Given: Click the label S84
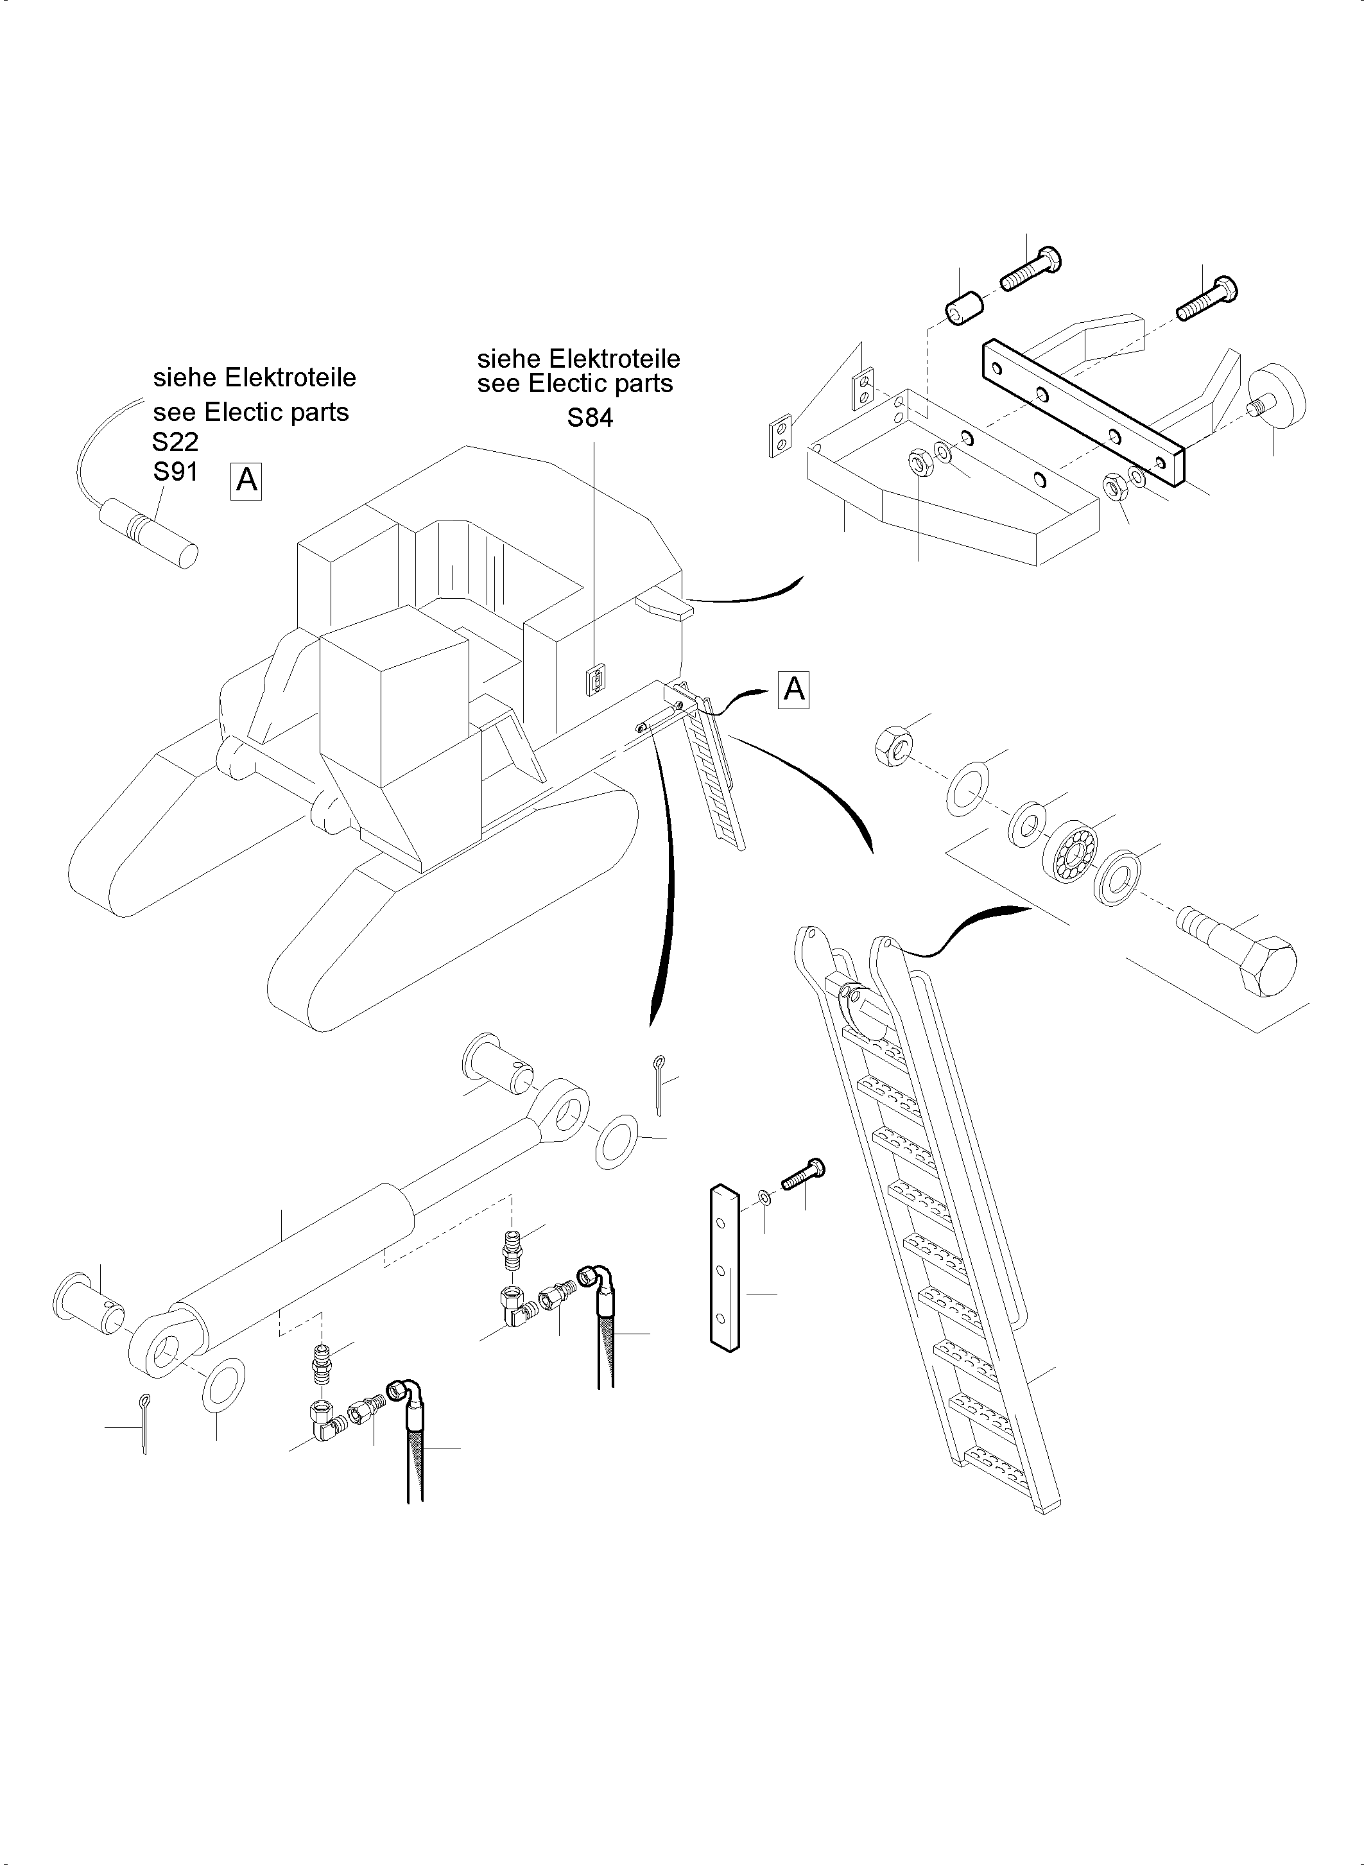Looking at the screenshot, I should coord(589,418).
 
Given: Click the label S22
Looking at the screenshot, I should coord(175,443).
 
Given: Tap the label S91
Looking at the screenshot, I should coord(175,472).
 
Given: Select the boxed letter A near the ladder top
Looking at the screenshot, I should coord(793,689).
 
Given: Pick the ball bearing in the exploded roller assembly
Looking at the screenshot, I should coord(1072,850).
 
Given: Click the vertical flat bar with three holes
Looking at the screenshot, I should coord(724,1268).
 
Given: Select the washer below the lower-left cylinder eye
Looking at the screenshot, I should coord(222,1384).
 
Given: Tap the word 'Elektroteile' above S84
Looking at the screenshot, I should coord(614,359).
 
